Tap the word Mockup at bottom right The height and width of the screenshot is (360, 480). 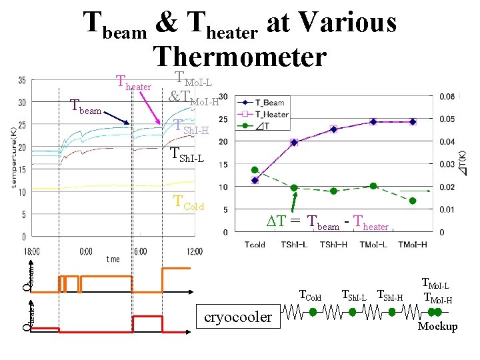(x=437, y=327)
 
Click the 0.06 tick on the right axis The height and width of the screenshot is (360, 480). (x=447, y=97)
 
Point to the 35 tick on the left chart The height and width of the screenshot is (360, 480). (x=21, y=81)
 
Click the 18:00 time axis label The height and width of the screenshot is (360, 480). (x=31, y=251)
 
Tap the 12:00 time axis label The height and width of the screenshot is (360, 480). (x=195, y=251)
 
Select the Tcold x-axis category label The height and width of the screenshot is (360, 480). (x=255, y=245)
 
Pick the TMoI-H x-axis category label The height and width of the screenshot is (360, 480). (x=413, y=245)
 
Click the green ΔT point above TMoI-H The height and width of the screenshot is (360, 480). (x=413, y=201)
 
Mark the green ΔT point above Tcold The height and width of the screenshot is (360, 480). (x=255, y=170)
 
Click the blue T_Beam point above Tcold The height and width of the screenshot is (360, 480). (x=255, y=180)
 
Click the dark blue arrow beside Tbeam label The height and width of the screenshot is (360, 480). (x=116, y=117)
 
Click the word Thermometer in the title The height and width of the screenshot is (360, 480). (x=239, y=57)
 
